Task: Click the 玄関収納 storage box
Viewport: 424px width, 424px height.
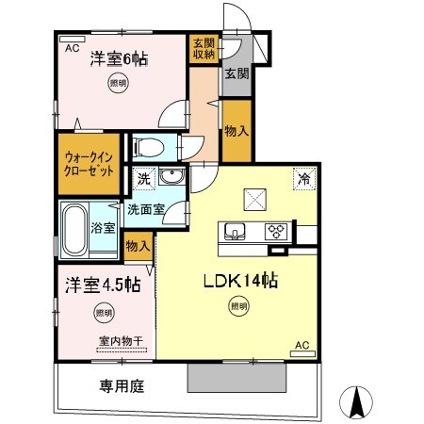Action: (x=203, y=48)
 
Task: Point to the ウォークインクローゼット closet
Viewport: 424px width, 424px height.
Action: (x=90, y=165)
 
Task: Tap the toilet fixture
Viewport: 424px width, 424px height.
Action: (x=148, y=147)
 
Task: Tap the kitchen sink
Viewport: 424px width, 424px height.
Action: (x=235, y=231)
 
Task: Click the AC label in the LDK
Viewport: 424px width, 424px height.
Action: (x=302, y=346)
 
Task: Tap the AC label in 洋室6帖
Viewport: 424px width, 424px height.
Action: (x=71, y=45)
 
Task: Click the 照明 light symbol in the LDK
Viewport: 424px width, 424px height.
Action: (x=240, y=304)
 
